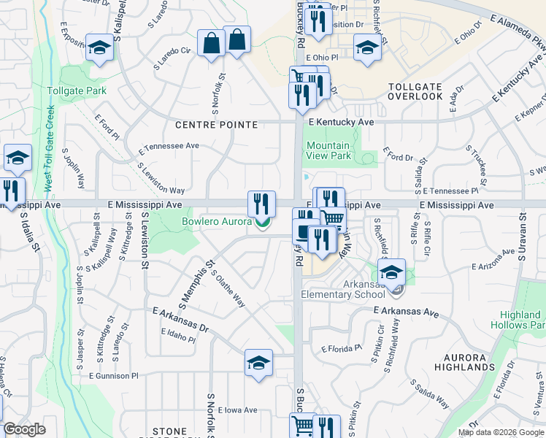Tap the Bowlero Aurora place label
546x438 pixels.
[x=216, y=220]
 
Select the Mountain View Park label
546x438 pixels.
[x=328, y=150]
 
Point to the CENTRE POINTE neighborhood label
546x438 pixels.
[x=217, y=125]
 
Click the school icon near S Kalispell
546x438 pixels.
[x=99, y=48]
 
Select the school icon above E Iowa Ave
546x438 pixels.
[x=258, y=364]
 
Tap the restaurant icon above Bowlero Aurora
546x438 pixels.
[x=261, y=203]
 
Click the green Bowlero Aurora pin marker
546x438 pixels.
[x=261, y=223]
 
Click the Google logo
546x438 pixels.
[x=24, y=430]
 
